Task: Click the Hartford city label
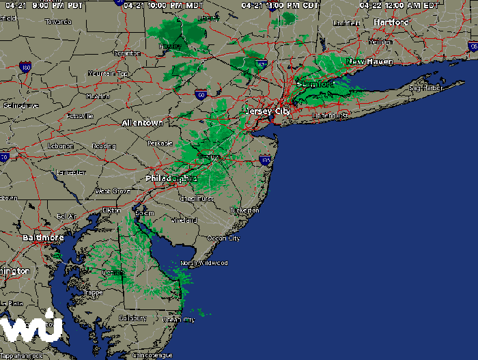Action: click(391, 23)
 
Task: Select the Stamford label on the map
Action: click(314, 84)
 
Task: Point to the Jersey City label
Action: click(268, 111)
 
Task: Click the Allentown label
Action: click(142, 123)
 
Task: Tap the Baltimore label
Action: click(43, 238)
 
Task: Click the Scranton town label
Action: click(127, 53)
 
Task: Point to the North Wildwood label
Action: click(203, 263)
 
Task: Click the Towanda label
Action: click(58, 22)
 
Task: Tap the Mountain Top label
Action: click(108, 73)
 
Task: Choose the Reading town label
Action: click(104, 146)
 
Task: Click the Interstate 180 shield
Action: click(26, 68)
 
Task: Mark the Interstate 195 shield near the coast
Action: click(265, 161)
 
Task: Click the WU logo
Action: click(31, 329)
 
